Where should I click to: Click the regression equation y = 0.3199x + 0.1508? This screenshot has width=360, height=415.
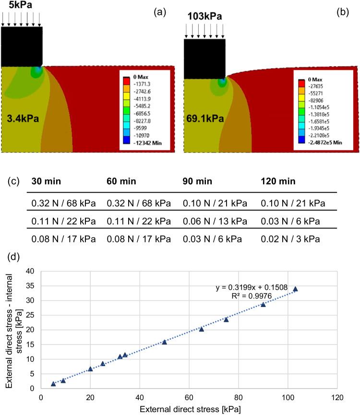point(251,288)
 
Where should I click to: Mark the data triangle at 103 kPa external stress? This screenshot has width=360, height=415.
point(295,289)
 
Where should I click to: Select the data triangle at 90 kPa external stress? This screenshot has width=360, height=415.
point(263,305)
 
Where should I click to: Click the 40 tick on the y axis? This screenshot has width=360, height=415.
point(31,271)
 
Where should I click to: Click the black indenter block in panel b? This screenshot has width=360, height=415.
point(204,59)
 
